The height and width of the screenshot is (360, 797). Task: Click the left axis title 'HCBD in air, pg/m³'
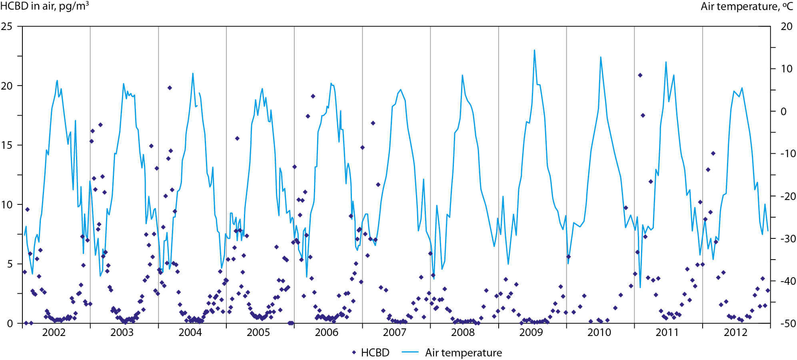pyautogui.click(x=44, y=6)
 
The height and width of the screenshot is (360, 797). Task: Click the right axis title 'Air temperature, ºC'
pyautogui.click(x=747, y=6)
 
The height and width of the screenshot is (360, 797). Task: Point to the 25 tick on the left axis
pyautogui.click(x=7, y=26)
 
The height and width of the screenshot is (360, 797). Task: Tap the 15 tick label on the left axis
pyautogui.click(x=7, y=145)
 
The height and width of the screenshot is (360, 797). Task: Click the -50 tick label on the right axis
pyautogui.click(x=786, y=323)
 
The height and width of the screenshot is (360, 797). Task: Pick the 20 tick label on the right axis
pyautogui.click(x=786, y=26)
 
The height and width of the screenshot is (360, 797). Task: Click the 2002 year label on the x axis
pyautogui.click(x=54, y=333)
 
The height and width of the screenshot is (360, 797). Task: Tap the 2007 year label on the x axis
pyautogui.click(x=394, y=333)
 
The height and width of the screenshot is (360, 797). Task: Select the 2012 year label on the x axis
pyautogui.click(x=735, y=333)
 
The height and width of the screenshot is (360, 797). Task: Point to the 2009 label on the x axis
pyautogui.click(x=531, y=333)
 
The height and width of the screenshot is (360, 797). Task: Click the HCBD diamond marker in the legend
pyautogui.click(x=354, y=353)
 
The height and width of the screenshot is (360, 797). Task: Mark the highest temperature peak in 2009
pyautogui.click(x=534, y=50)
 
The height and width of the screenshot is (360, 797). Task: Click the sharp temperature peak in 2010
pyautogui.click(x=600, y=57)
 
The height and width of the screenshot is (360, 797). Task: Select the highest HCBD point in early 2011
pyautogui.click(x=640, y=75)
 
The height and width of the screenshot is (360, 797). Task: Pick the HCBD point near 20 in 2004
pyautogui.click(x=170, y=88)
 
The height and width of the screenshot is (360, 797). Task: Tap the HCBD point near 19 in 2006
pyautogui.click(x=313, y=96)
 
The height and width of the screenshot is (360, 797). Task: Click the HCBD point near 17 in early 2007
pyautogui.click(x=373, y=123)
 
